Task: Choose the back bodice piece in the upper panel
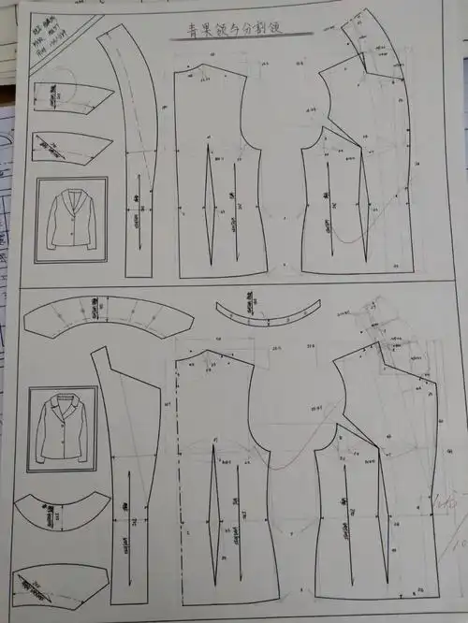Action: (220, 178)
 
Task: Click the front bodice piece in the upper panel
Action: (360, 187)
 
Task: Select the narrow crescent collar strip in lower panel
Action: (267, 312)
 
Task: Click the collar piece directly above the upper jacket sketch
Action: (70, 147)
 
